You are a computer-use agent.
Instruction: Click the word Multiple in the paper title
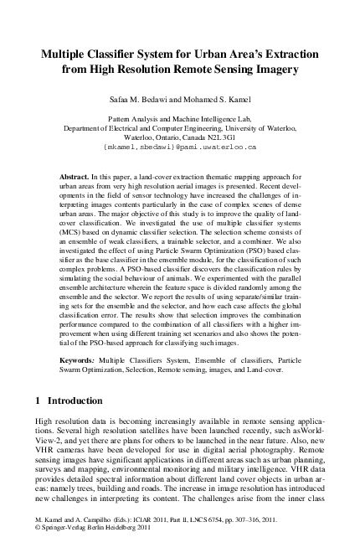point(69,54)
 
